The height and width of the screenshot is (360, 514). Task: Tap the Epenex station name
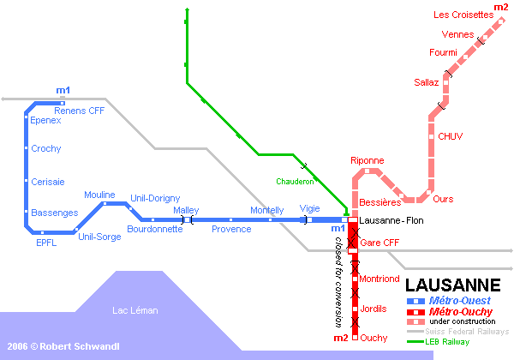(x=46, y=121)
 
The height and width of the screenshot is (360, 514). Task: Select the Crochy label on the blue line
(x=46, y=149)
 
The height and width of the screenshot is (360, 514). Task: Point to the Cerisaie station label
(x=48, y=182)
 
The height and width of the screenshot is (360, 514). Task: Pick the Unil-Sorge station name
(x=99, y=237)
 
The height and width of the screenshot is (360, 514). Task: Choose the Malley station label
(x=186, y=210)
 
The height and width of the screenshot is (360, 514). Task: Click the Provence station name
(x=231, y=229)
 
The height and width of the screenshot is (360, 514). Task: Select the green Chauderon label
(x=295, y=182)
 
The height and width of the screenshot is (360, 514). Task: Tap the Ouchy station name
(x=374, y=339)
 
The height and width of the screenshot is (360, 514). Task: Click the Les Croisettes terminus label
(x=463, y=15)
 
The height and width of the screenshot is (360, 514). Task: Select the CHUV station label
(x=450, y=136)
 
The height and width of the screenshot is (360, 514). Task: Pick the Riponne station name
(x=368, y=160)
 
